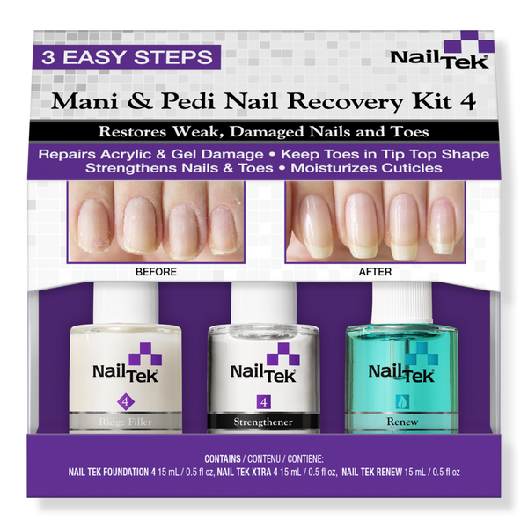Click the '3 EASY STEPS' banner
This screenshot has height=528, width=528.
pyautogui.click(x=126, y=57)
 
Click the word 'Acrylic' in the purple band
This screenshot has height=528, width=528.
pyautogui.click(x=127, y=155)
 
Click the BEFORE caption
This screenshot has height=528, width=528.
pyautogui.click(x=156, y=272)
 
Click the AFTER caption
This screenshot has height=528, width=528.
pyautogui.click(x=375, y=272)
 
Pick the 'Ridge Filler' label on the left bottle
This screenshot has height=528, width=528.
pyautogui.click(x=125, y=422)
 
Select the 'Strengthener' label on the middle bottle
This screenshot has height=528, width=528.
pyautogui.click(x=263, y=422)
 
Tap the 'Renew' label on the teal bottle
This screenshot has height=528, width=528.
pyautogui.click(x=402, y=422)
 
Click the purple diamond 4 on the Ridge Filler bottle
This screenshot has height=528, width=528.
pyautogui.click(x=126, y=402)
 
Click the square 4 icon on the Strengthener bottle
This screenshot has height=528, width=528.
pyautogui.click(x=264, y=402)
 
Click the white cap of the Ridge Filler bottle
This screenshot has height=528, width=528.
pyautogui.click(x=126, y=303)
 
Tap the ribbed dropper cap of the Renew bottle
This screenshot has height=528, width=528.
pyautogui.click(x=402, y=303)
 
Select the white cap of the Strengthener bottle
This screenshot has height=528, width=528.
pyautogui.click(x=264, y=304)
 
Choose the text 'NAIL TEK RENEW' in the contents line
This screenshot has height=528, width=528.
pyautogui.click(x=371, y=472)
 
